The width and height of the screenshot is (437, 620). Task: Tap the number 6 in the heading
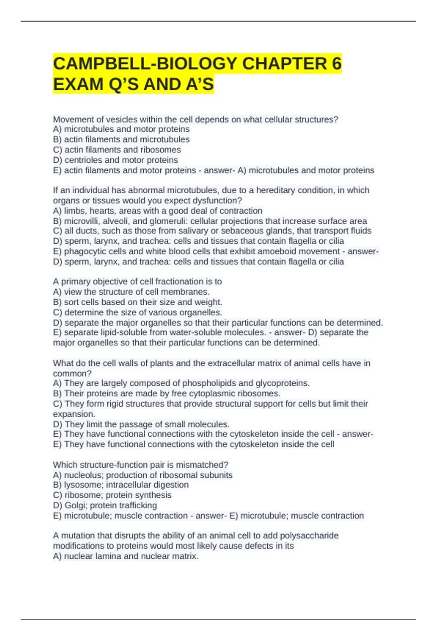pyautogui.click(x=336, y=64)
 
